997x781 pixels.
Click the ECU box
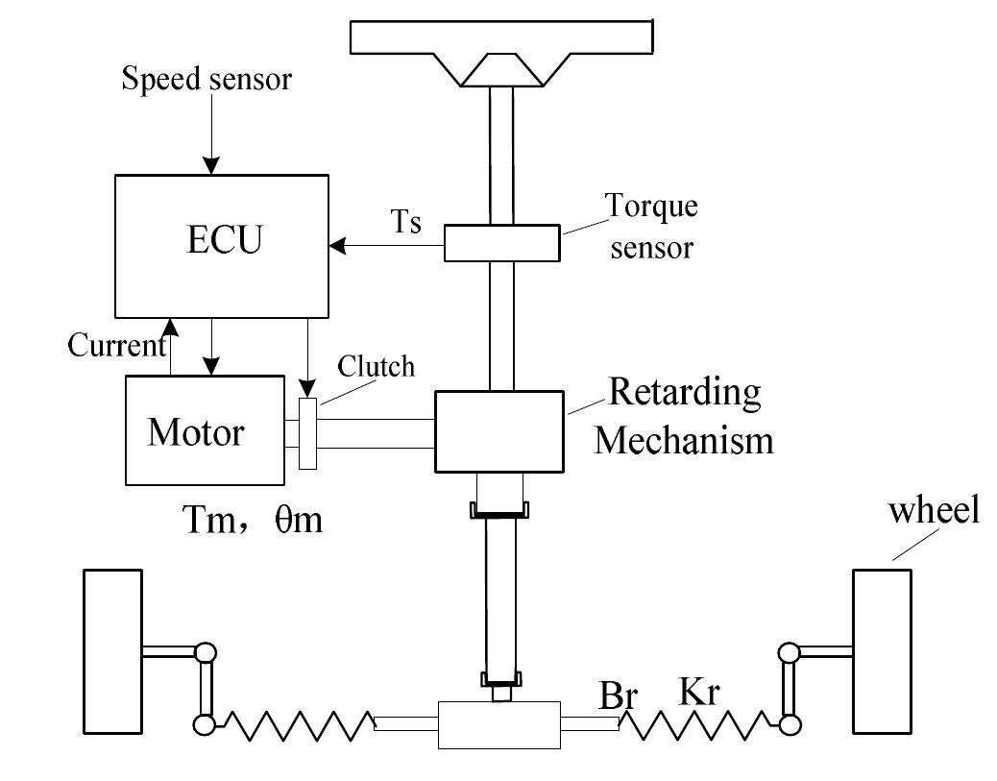222,246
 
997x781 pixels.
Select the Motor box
205,430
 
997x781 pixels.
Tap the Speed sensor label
206,79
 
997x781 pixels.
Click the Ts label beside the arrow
405,223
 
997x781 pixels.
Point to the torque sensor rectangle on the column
501,242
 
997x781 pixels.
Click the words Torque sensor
650,227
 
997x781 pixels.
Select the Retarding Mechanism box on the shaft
498,430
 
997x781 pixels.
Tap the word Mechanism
684,440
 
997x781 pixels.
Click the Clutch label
377,366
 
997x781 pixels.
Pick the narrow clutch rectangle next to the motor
307,433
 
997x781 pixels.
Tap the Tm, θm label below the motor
253,522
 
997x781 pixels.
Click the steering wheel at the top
498,38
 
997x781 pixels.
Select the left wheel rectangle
112,650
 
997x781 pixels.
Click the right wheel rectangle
882,650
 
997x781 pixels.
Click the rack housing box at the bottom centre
498,724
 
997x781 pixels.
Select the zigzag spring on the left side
293,725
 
